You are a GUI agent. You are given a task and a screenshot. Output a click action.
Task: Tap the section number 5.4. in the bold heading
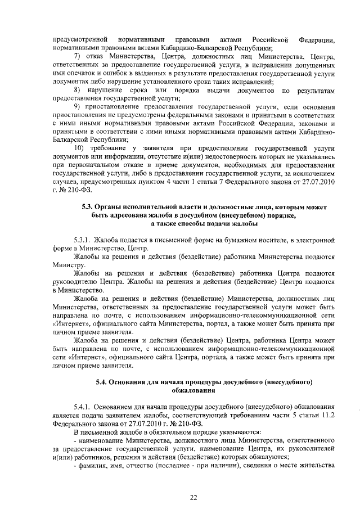(x=103, y=383)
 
